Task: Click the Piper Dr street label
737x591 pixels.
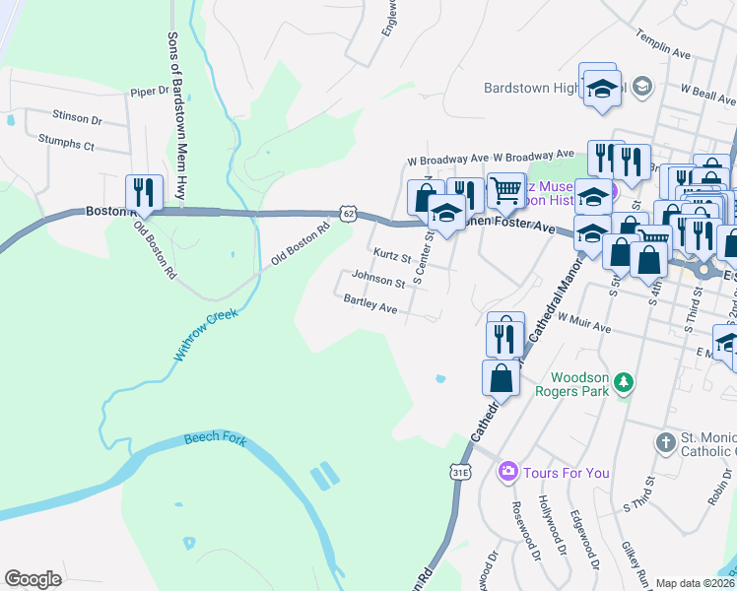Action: coord(151,92)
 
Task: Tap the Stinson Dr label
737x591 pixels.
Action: coord(77,118)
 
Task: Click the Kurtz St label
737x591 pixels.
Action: coord(392,255)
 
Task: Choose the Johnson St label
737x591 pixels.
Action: coord(378,282)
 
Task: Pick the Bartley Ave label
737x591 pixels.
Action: coord(370,307)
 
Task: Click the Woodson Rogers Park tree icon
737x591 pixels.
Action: coord(623,381)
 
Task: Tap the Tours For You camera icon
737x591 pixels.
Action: coord(507,473)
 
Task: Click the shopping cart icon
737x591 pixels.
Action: coord(506,190)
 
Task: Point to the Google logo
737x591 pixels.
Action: coord(33,579)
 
